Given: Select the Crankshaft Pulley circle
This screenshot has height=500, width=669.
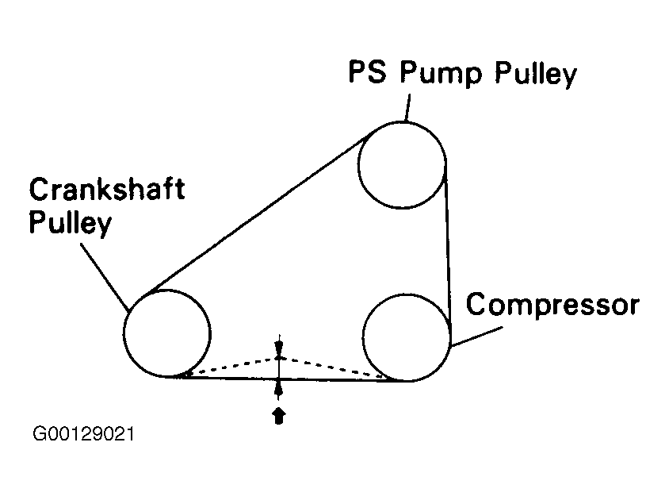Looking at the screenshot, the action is coord(167,333).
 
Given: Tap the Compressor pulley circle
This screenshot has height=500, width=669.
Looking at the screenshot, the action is coord(407,337).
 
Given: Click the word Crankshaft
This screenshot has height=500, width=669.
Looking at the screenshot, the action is coord(106,191).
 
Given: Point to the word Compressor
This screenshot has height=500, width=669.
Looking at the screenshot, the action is coord(552,305).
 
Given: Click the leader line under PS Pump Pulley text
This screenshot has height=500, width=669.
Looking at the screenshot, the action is coord(407,106).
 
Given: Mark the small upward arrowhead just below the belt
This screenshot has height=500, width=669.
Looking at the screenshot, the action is coord(278,388).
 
